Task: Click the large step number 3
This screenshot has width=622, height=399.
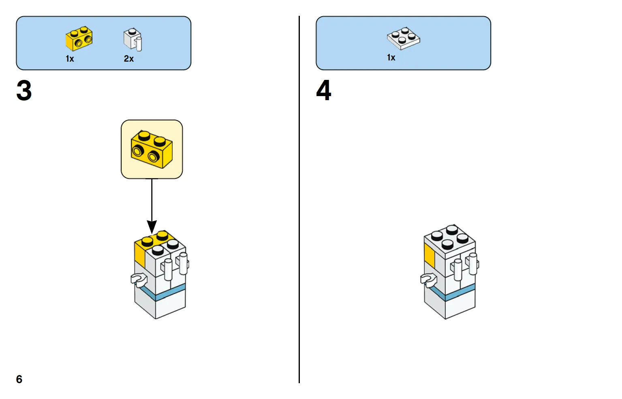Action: coord(24,90)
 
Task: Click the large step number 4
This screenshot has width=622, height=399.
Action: coord(324,90)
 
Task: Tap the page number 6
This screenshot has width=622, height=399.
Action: coord(19,379)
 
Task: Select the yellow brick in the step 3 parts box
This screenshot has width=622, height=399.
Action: coord(79,39)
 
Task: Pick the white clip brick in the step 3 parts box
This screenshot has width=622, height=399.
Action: coord(133,39)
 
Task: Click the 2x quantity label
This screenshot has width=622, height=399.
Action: coord(129,59)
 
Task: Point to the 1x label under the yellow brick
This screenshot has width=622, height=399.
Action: coord(70,59)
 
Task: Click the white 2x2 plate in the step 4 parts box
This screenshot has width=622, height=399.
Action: coord(404,39)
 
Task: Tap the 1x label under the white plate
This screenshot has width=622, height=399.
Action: coord(391,58)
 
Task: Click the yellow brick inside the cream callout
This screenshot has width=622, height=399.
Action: coord(152,149)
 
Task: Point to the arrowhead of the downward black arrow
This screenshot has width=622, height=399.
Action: coord(152,227)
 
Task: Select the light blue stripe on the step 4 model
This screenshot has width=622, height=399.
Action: coord(449,293)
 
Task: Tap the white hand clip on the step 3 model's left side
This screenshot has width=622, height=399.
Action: coord(139,280)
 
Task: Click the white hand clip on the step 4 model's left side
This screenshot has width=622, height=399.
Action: coord(428,280)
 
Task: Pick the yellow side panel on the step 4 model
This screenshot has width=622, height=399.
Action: coord(430,256)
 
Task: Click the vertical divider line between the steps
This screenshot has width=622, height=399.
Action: coord(299,199)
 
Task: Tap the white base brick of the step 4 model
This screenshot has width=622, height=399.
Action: coord(449,307)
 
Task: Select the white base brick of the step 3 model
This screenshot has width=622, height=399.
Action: coord(160,307)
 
